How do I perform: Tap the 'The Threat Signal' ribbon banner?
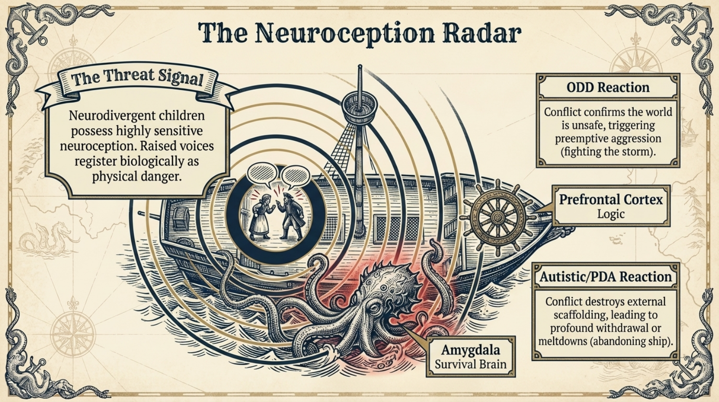tap(137, 78)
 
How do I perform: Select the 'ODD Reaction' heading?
tap(608, 87)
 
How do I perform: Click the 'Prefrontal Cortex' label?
tap(611, 199)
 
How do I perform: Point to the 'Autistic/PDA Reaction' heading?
tap(605, 277)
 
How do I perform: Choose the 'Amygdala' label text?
tap(470, 350)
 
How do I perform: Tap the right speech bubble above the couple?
tap(295, 175)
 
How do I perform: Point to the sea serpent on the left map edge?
tap(47, 238)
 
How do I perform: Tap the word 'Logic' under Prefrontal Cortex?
tap(611, 214)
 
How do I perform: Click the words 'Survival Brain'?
tap(470, 364)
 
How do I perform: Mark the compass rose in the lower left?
tap(73, 333)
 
